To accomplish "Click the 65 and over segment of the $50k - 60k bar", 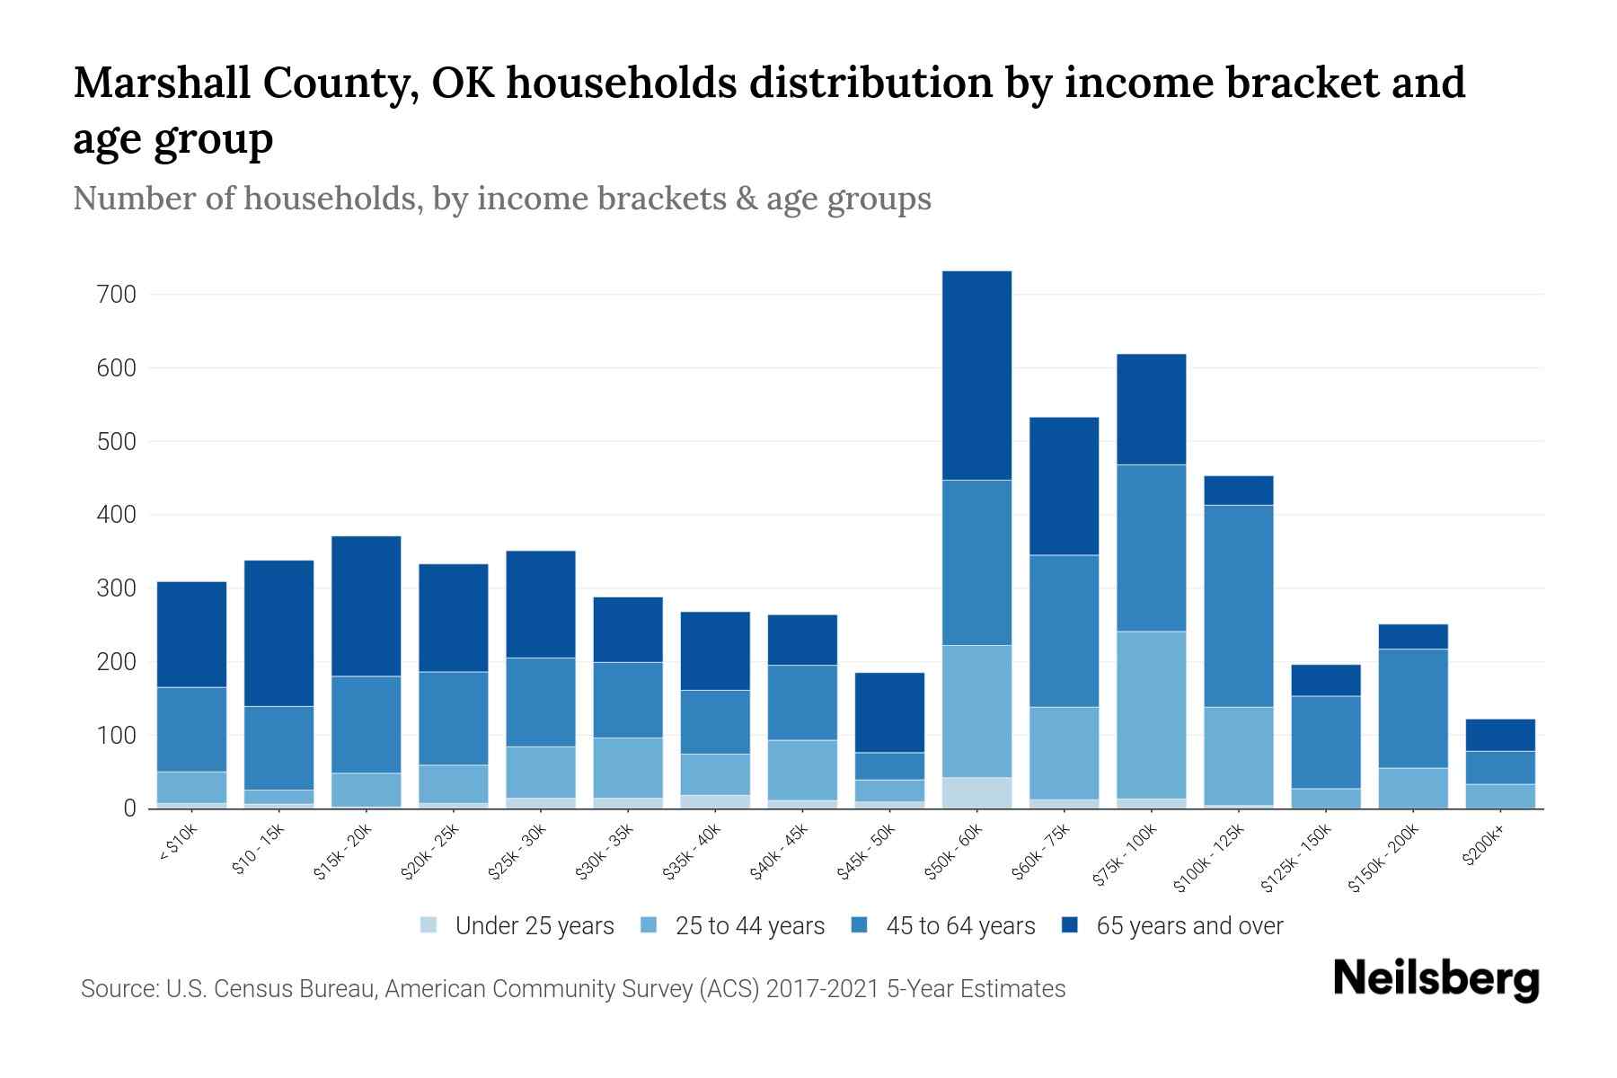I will [976, 376].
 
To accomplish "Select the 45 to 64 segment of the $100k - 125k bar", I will [1239, 606].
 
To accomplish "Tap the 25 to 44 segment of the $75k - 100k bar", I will [1151, 715].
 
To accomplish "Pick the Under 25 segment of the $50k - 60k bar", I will [976, 792].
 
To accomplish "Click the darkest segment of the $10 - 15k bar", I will [278, 633].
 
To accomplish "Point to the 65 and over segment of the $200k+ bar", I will [1500, 735].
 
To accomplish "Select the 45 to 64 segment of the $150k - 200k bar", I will [1413, 708].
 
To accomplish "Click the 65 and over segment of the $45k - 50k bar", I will [889, 712].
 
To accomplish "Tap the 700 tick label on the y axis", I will [117, 295].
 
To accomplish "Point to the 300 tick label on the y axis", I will [117, 588].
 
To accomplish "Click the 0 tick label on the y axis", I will [129, 808].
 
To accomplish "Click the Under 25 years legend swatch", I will [429, 925].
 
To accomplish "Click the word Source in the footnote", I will [118, 989].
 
